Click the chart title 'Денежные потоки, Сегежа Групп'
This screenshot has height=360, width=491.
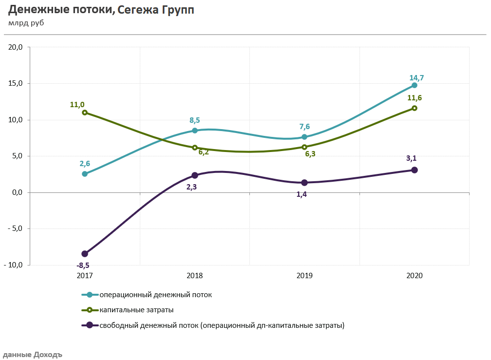101,10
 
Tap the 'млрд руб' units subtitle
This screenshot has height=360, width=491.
26,23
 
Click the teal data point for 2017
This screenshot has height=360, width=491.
85,174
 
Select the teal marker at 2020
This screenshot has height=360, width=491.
414,85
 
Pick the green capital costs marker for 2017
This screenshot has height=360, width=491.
85,113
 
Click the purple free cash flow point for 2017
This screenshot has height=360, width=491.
85,254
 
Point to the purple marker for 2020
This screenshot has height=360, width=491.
414,170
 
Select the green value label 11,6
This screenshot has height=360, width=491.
414,98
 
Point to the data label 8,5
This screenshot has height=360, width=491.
194,120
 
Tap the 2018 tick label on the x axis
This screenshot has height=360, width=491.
195,275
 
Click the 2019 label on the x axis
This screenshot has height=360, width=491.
304,275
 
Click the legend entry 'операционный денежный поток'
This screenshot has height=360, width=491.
155,295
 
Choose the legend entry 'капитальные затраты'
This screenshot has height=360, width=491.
136,310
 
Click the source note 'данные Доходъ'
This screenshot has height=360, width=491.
32,355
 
